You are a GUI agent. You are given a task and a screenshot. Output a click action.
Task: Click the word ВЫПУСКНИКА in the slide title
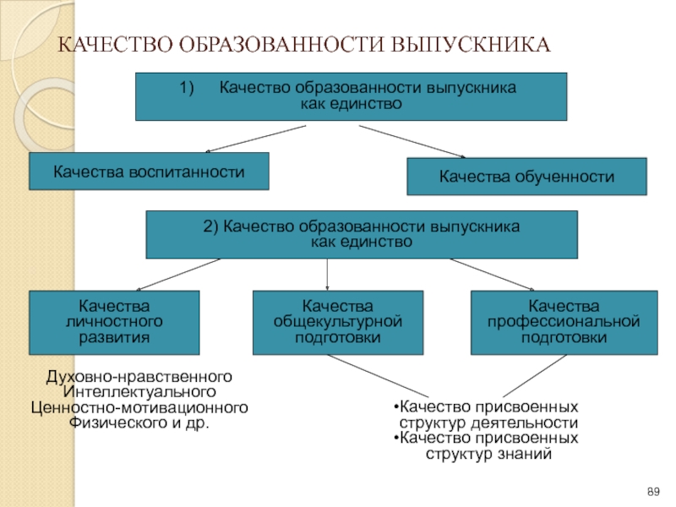pyautogui.click(x=471, y=45)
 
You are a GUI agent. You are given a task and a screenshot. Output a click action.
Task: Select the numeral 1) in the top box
pyautogui.click(x=187, y=88)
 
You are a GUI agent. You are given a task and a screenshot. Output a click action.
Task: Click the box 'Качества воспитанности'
pyautogui.click(x=150, y=172)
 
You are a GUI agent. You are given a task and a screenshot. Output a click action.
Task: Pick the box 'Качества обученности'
pyautogui.click(x=526, y=177)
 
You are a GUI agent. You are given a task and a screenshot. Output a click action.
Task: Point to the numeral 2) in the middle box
pyautogui.click(x=210, y=226)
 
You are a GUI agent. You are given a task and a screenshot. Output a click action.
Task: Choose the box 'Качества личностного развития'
pyautogui.click(x=114, y=323)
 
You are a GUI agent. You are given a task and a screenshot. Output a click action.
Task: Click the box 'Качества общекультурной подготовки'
pyautogui.click(x=338, y=323)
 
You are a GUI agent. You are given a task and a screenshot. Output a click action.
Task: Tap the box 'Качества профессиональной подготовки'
pyautogui.click(x=564, y=323)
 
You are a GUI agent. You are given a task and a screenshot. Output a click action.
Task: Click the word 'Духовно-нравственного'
pyautogui.click(x=139, y=377)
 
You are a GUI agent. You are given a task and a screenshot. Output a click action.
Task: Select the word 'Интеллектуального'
pyautogui.click(x=139, y=392)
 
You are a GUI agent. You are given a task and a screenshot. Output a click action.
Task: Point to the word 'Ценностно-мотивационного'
pyautogui.click(x=139, y=407)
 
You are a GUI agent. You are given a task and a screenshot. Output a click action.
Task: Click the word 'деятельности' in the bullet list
pyautogui.click(x=524, y=423)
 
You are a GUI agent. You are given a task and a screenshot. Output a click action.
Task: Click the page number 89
pyautogui.click(x=653, y=492)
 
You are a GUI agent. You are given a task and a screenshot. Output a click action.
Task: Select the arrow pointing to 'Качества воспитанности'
pyautogui.click(x=256, y=139)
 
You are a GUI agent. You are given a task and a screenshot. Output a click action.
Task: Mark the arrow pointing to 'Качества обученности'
pyautogui.click(x=412, y=141)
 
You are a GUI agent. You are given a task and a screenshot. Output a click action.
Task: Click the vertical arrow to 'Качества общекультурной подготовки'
pyautogui.click(x=327, y=275)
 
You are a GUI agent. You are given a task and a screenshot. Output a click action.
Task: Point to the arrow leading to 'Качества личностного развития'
pyautogui.click(x=178, y=275)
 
